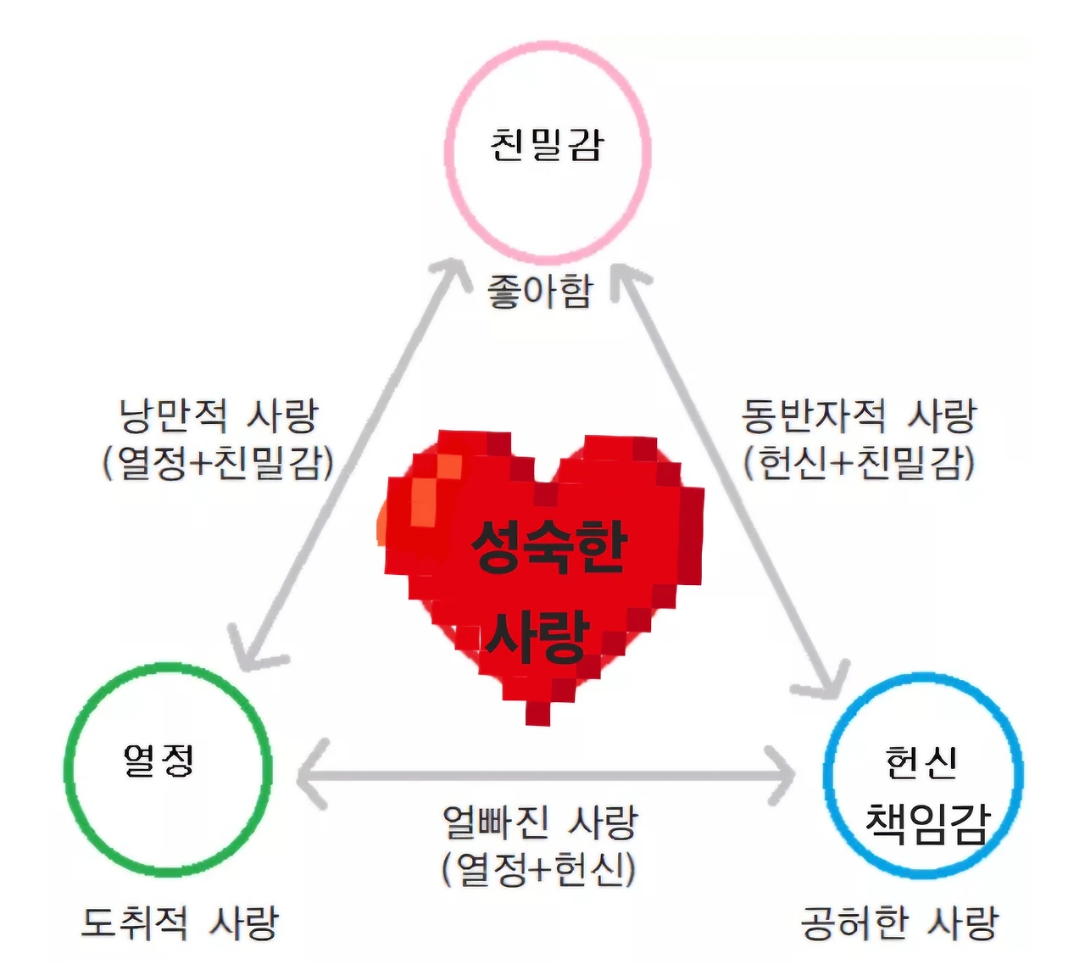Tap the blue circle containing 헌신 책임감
923,775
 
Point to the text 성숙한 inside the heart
548,546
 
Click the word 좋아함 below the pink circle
540,292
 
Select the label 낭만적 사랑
219,415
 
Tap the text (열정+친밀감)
219,463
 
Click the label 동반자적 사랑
860,415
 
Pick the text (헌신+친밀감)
860,463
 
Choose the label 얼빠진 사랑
540,821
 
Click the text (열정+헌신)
539,868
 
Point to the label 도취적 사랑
180,923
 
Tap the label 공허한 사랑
899,923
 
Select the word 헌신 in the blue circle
921,762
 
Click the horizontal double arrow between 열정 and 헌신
547,775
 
